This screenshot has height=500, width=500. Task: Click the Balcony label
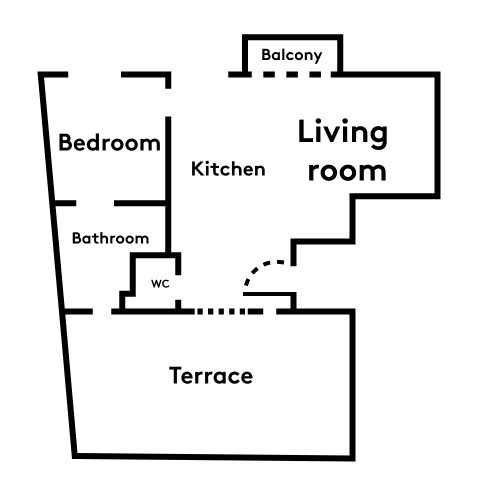coord(292,55)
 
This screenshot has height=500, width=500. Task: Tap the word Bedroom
coord(109,142)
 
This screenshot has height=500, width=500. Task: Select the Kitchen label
coord(228,168)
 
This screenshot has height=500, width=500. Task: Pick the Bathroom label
coord(110,238)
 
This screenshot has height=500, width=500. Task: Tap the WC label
coord(160,283)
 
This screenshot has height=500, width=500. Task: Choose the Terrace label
coord(211,375)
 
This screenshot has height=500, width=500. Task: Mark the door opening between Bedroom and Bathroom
coord(95,203)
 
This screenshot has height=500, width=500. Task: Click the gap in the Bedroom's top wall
coord(94,74)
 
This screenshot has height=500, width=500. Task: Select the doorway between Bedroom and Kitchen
coord(168,102)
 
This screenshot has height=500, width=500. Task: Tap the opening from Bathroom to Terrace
coord(102,311)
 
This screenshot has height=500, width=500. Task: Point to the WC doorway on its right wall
coord(178,287)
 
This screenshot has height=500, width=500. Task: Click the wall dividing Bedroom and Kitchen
coord(168,184)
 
